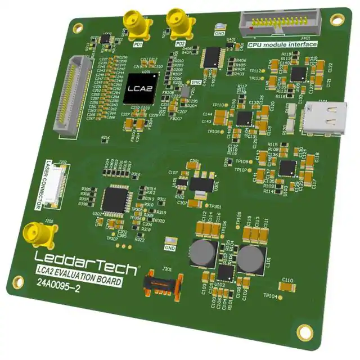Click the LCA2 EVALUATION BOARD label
click(78, 274)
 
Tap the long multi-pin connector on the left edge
click(68, 98)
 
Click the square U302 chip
click(115, 197)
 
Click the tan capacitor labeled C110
click(286, 286)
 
